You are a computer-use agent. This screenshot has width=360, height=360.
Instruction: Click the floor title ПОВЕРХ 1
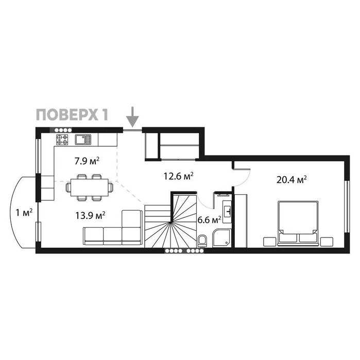(x=71, y=114)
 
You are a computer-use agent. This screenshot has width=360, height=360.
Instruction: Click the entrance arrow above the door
(x=133, y=117)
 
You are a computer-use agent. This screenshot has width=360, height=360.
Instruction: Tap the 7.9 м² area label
(x=87, y=161)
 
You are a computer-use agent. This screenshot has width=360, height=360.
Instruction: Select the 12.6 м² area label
(x=178, y=176)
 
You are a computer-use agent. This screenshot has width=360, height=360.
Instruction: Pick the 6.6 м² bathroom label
(x=209, y=220)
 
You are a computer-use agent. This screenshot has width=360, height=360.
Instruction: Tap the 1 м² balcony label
(x=24, y=212)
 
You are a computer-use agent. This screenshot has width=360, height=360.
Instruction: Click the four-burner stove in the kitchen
(x=62, y=139)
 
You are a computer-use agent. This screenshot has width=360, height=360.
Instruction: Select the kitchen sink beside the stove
(x=82, y=139)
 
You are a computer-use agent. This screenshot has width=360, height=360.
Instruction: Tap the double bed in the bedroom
(x=298, y=223)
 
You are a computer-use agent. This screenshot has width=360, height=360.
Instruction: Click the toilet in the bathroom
(x=202, y=241)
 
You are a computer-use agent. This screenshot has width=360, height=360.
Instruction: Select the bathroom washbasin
(x=227, y=210)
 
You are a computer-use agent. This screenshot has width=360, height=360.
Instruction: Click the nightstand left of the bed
(x=269, y=242)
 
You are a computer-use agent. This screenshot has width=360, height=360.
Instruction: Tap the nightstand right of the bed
(x=327, y=242)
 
